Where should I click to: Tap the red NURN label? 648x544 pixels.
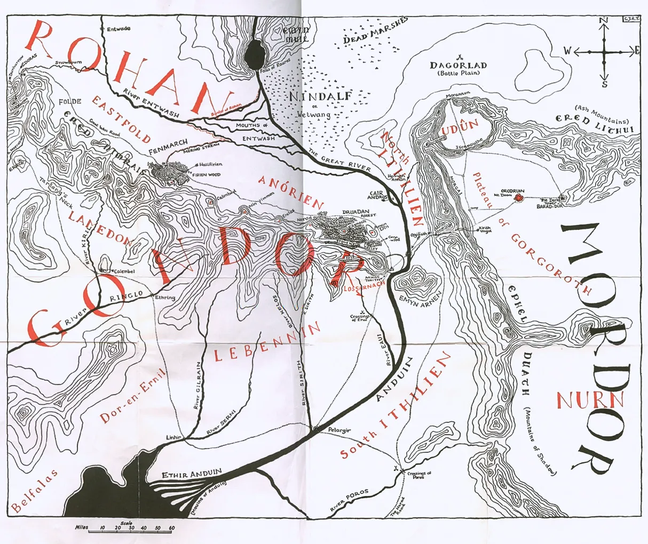[x=590, y=399]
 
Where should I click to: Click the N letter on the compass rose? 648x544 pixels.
[x=604, y=21]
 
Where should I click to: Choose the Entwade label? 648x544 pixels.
[x=118, y=29]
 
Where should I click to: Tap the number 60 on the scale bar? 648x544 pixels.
[x=171, y=528]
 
